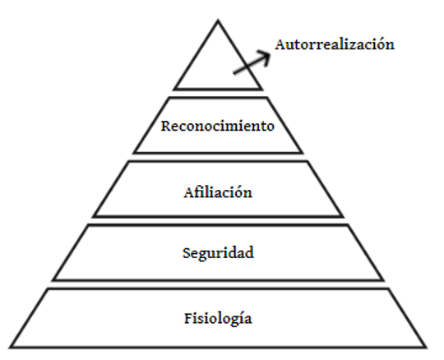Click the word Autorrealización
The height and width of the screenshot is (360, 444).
pyautogui.click(x=335, y=44)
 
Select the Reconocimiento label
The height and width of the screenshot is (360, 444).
pyautogui.click(x=218, y=126)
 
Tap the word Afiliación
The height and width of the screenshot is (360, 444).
pyautogui.click(x=218, y=192)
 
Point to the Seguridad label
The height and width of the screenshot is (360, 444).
pyautogui.click(x=218, y=253)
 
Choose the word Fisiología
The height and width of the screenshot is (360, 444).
pyautogui.click(x=218, y=318)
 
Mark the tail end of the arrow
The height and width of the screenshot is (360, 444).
pyautogui.click(x=234, y=74)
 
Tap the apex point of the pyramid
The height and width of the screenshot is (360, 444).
pyautogui.click(x=218, y=20)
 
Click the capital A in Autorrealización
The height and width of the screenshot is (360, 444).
pyautogui.click(x=280, y=44)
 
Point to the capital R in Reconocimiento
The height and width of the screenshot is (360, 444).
pyautogui.click(x=166, y=126)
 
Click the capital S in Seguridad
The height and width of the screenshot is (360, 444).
pyautogui.click(x=187, y=253)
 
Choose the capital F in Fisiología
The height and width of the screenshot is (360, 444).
pyautogui.click(x=188, y=318)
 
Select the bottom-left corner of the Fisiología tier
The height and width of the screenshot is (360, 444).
pyautogui.click(x=10, y=348)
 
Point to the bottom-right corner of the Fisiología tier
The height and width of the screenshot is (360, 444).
pyautogui.click(x=426, y=348)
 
